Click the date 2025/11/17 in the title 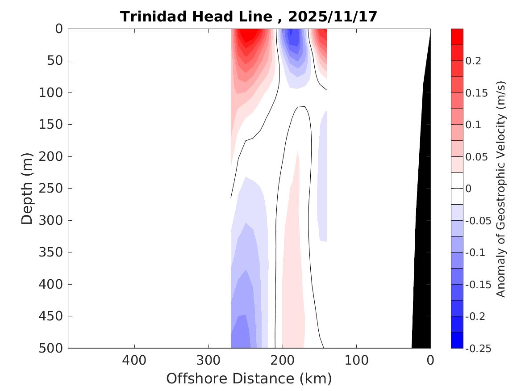333,17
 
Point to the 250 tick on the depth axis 53,189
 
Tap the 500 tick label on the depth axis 53,348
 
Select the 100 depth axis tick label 53,93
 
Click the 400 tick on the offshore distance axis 134,360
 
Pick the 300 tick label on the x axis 208,360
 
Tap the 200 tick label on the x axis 282,360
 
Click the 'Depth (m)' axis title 28,188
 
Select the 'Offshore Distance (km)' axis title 249,378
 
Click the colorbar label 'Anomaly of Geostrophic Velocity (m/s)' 501,189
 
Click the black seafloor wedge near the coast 422,268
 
